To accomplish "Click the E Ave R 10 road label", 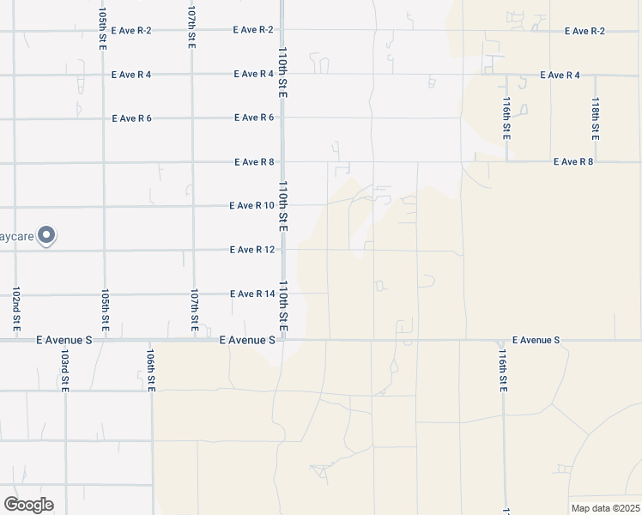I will [251, 206].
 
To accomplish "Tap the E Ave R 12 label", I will [251, 250].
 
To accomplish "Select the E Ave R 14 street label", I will [251, 294].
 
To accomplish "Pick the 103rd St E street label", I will [64, 370].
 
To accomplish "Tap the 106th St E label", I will [151, 370].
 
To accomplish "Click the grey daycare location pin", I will [47, 233].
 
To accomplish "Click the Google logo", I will [28, 505].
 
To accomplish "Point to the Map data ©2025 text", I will [605, 508].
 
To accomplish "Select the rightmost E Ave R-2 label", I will [584, 31].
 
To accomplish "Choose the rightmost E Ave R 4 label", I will [560, 76].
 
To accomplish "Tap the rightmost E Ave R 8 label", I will [573, 161].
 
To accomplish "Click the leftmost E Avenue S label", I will [64, 340].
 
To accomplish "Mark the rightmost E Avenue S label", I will [536, 340].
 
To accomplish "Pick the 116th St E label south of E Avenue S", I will [503, 368].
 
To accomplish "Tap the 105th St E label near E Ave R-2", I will [102, 29].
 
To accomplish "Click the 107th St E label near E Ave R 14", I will [195, 310].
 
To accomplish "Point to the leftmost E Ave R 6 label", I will [131, 118].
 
